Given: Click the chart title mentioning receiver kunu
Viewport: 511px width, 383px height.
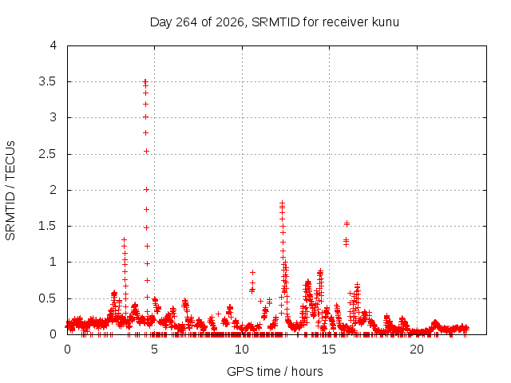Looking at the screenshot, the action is tap(275, 22).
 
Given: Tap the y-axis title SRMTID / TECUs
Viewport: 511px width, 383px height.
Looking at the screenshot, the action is tap(10, 191).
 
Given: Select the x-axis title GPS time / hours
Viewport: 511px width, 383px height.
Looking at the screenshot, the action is tap(275, 371).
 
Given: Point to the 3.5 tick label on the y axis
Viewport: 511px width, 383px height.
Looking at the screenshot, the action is tap(48, 81).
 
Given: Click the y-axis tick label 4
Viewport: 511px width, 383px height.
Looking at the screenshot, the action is tap(53, 45).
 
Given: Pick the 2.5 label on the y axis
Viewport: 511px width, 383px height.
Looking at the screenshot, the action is tap(48, 154).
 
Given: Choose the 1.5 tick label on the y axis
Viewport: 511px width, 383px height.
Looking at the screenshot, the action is tap(48, 226).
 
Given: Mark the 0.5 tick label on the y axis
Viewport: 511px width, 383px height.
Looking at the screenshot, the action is tap(48, 298).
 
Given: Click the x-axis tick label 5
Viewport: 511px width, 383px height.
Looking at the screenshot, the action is tap(154, 349).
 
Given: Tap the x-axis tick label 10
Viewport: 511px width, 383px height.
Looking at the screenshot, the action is tap(242, 349).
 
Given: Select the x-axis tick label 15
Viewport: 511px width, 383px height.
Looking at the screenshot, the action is tap(329, 349).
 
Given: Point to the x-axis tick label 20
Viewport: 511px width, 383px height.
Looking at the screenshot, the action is tap(417, 349).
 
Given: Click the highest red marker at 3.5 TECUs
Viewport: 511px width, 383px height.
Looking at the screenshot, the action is tap(145, 81).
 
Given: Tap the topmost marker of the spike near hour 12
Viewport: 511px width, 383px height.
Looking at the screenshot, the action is tap(282, 203).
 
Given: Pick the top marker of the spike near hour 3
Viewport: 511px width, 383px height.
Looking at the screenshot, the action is tap(125, 240).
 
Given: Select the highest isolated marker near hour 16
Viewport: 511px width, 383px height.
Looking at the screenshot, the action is tap(347, 223).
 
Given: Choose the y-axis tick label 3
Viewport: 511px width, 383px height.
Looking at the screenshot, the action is tap(53, 117).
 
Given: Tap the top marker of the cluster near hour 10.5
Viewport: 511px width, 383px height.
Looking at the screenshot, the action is tap(252, 272).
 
